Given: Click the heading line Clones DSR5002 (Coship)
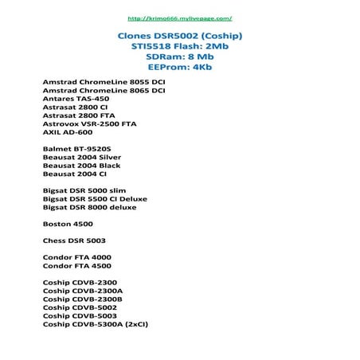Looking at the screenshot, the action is point(180,37).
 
